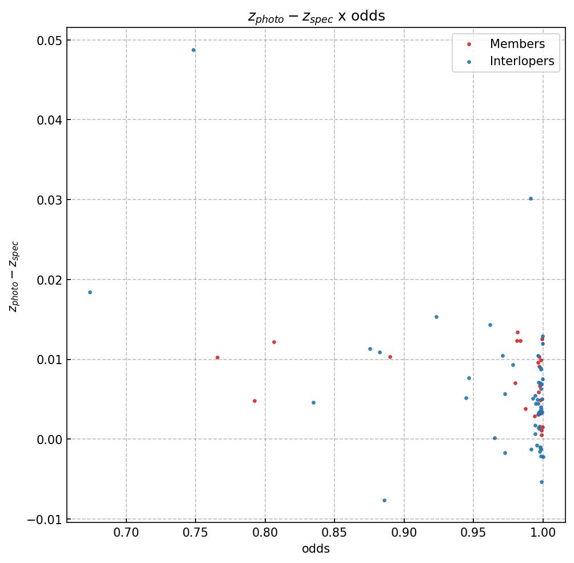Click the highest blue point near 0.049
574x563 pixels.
(193, 50)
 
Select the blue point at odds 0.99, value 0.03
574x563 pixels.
(531, 198)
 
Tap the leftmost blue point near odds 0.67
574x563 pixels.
(90, 292)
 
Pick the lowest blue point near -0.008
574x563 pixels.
(384, 500)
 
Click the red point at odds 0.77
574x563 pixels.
(217, 357)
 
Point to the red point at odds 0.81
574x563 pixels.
(274, 342)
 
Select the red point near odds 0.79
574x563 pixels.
(254, 401)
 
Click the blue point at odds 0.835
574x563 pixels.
(313, 402)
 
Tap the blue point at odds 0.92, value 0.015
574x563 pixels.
(436, 317)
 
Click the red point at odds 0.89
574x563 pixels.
(390, 357)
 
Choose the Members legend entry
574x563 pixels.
(517, 44)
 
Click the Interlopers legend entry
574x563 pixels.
(521, 61)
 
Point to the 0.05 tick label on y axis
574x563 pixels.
(50, 40)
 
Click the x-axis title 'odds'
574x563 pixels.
(316, 549)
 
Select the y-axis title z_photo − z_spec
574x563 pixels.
(14, 276)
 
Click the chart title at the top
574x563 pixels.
(316, 16)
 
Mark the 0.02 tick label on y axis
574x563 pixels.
(50, 279)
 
